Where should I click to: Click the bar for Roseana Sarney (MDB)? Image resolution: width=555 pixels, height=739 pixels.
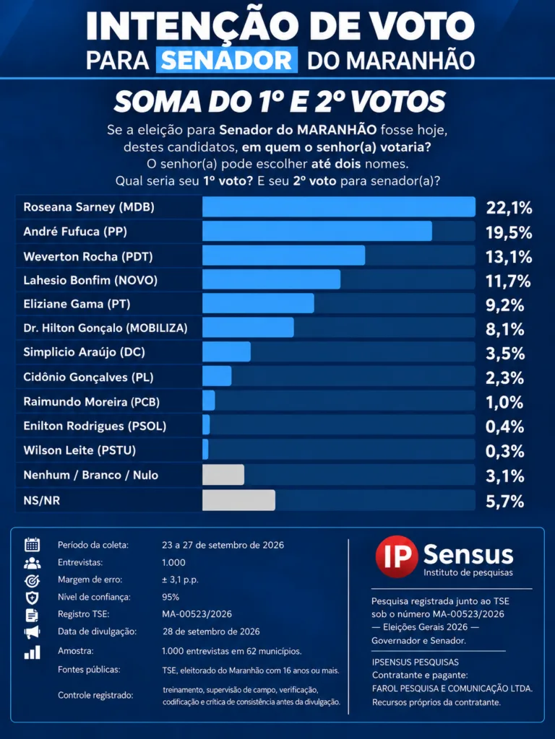(x=339, y=207)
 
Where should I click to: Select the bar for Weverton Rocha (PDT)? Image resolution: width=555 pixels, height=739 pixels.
(x=283, y=255)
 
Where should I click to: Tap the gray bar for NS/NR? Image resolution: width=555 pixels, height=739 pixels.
(x=238, y=500)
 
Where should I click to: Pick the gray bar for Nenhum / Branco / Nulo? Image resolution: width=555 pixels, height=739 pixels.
(x=223, y=475)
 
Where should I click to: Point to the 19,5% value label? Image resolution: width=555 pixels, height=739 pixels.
(x=509, y=232)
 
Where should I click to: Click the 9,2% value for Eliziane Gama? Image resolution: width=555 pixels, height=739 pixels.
(x=505, y=305)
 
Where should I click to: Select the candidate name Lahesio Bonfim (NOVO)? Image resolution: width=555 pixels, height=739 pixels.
(x=90, y=281)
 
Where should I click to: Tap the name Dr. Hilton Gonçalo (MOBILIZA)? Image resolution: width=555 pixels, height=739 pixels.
(x=106, y=328)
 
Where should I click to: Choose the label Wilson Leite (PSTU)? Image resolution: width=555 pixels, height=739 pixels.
(x=79, y=450)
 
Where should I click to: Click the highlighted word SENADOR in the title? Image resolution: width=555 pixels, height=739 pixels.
(x=227, y=60)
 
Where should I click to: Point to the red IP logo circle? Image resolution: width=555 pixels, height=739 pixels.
(x=397, y=556)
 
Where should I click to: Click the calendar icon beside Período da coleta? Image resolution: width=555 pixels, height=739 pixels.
(x=32, y=545)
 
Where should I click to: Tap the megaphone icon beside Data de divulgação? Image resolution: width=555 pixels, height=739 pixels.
(x=32, y=632)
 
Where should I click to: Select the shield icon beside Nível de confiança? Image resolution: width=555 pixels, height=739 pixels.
(x=32, y=598)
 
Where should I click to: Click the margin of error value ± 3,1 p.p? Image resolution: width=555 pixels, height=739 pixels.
(x=180, y=580)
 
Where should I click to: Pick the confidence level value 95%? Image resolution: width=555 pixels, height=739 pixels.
(x=171, y=597)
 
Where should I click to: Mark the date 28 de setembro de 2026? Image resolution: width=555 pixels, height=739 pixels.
(x=211, y=631)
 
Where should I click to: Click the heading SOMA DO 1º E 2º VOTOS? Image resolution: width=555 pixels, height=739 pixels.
(x=280, y=101)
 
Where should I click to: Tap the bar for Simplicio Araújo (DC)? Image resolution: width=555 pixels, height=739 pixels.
(x=226, y=351)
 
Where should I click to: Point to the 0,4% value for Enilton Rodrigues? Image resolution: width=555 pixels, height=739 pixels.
(x=505, y=427)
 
